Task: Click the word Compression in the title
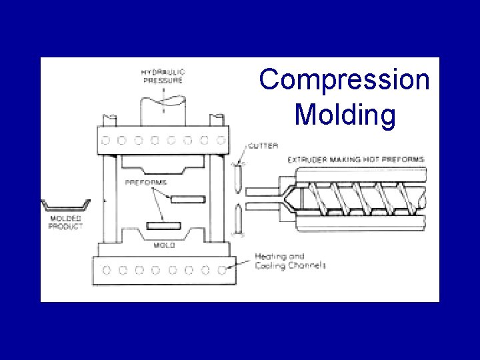[x=345, y=79]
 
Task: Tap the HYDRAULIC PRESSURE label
[x=163, y=75]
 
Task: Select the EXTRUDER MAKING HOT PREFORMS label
[x=356, y=160]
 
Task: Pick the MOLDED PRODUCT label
[x=65, y=223]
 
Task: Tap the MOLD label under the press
[x=164, y=245]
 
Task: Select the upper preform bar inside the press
[x=187, y=199]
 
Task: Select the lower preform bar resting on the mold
[x=163, y=225]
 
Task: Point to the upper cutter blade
[x=237, y=178]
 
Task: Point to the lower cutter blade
[x=237, y=219]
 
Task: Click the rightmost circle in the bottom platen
[x=223, y=270]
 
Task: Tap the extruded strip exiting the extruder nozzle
[x=261, y=199]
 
